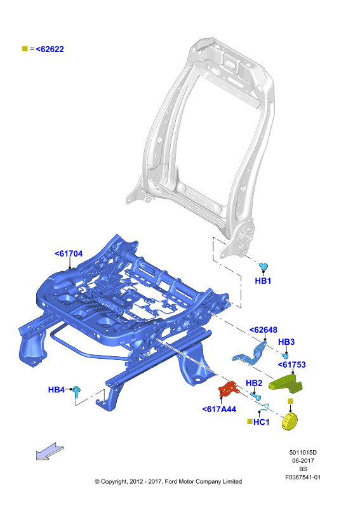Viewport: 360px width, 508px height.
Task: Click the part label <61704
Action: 69,253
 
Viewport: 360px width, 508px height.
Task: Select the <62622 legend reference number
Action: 50,50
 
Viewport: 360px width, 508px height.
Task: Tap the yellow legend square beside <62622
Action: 25,49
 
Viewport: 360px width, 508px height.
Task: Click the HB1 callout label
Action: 263,281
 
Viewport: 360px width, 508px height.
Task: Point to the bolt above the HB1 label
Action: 263,267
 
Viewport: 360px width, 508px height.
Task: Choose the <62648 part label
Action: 263,330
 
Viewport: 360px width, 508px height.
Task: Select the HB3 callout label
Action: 286,342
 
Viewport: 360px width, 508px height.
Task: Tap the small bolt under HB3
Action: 285,356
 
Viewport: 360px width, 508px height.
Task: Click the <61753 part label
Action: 291,364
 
